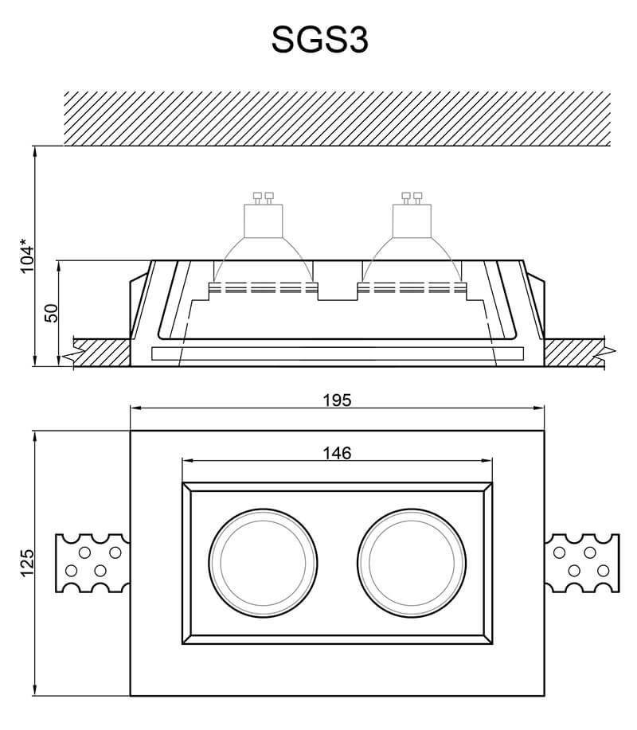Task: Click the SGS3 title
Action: (x=319, y=40)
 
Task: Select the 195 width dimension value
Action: (x=338, y=400)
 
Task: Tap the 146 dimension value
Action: (x=337, y=453)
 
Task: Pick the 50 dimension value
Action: (x=51, y=313)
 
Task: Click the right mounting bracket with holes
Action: (x=580, y=562)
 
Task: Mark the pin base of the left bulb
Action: (x=263, y=197)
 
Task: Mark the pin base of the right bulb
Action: (x=413, y=197)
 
